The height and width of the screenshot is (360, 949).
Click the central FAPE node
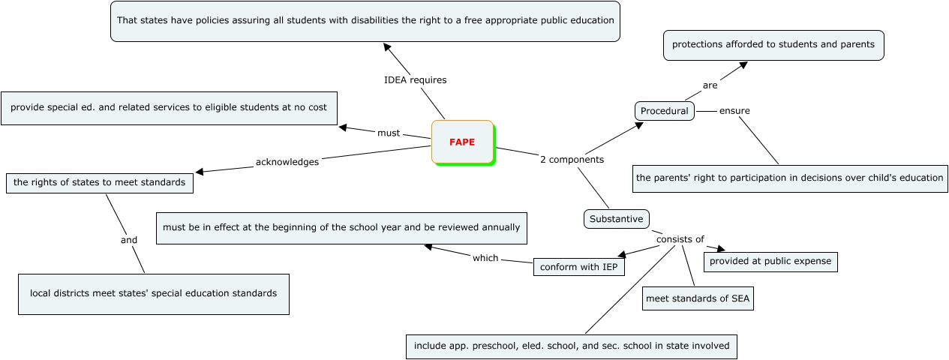click(x=462, y=142)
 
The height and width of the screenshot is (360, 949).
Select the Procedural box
click(x=664, y=111)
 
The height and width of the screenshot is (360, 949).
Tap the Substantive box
click(x=616, y=219)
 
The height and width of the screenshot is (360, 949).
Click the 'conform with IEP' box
click(x=579, y=266)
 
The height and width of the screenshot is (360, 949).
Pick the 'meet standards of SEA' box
click(x=698, y=298)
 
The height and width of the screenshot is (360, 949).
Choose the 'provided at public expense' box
click(x=770, y=261)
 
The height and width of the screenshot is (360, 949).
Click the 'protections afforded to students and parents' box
click(x=773, y=44)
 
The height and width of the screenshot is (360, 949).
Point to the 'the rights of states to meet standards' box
click(x=99, y=182)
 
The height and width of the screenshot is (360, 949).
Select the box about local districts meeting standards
click(x=153, y=293)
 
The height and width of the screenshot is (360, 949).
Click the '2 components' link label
click(x=572, y=159)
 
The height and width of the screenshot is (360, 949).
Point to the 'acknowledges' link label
click(x=287, y=161)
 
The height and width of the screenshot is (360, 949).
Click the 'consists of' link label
click(x=680, y=239)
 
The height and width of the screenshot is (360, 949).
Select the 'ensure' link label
click(x=734, y=111)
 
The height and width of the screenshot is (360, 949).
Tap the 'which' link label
click(x=485, y=258)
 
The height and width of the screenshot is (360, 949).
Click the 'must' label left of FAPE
click(x=389, y=133)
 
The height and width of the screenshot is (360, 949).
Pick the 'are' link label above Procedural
click(x=710, y=85)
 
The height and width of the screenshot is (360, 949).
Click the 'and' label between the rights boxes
click(x=129, y=240)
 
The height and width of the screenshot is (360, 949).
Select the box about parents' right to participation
click(x=789, y=178)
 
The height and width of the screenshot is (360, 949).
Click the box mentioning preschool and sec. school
click(x=572, y=346)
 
